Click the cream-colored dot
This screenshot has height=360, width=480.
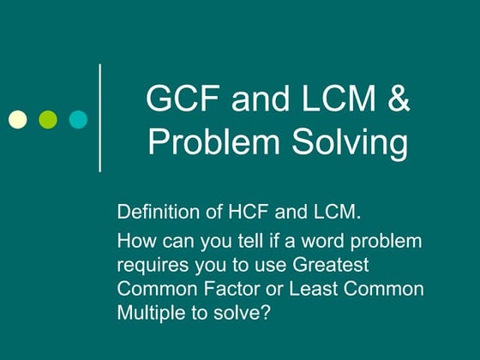tap(17, 118)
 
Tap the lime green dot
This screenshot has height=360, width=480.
tap(48, 118)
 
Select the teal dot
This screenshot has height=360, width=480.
tap(78, 118)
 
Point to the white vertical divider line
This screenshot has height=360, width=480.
tap(101, 117)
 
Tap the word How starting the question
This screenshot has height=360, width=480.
tap(135, 241)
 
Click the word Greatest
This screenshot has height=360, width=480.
tap(335, 265)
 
